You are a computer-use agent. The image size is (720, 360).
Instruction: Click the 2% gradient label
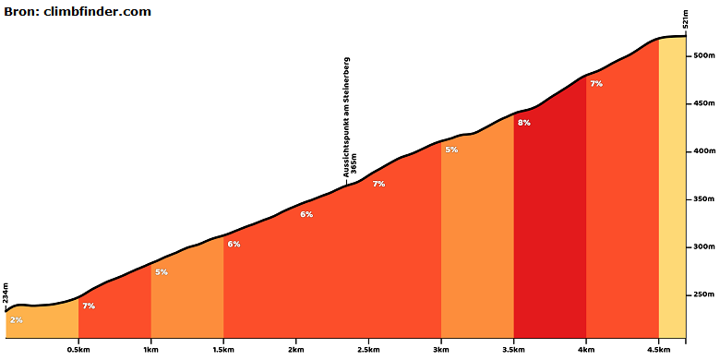[16, 320]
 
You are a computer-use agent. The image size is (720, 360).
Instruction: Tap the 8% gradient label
[524, 123]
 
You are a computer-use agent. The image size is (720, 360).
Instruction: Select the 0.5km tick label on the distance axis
[79, 351]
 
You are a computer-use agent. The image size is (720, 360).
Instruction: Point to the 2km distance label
[295, 351]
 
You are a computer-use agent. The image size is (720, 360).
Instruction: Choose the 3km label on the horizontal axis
[441, 351]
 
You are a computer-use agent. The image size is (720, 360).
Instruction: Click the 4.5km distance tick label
[659, 351]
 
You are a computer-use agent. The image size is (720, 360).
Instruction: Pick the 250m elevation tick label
[704, 294]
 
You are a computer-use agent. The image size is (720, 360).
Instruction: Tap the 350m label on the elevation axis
[704, 199]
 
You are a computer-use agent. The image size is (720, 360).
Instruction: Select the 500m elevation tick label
[704, 55]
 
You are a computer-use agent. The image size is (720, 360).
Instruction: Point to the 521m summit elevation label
[686, 19]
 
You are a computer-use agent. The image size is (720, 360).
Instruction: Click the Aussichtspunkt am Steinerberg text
[347, 117]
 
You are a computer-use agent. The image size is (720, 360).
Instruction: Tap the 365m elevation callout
[354, 165]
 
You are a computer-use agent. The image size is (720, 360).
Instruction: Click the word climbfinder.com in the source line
[97, 12]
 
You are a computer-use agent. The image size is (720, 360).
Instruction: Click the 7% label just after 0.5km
[89, 306]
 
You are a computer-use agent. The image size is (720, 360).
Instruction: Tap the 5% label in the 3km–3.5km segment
[451, 150]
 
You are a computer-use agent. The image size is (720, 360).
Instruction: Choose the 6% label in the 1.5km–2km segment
[234, 245]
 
